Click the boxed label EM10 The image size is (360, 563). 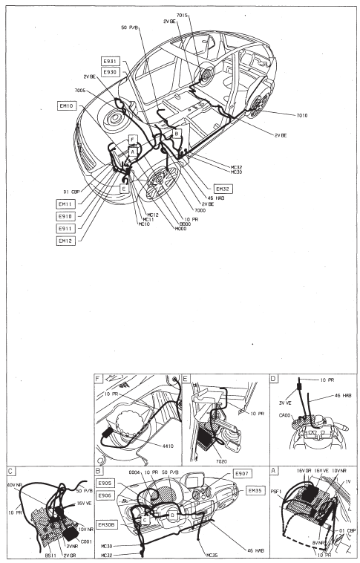pyautogui.click(x=66, y=106)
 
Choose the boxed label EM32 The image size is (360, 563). pyautogui.click(x=223, y=189)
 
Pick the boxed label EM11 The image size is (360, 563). pyautogui.click(x=66, y=204)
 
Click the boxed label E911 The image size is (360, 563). pyautogui.click(x=66, y=229)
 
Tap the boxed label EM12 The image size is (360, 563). pyautogui.click(x=66, y=241)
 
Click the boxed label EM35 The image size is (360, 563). pyautogui.click(x=256, y=490)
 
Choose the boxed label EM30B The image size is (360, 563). pyautogui.click(x=108, y=525)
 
